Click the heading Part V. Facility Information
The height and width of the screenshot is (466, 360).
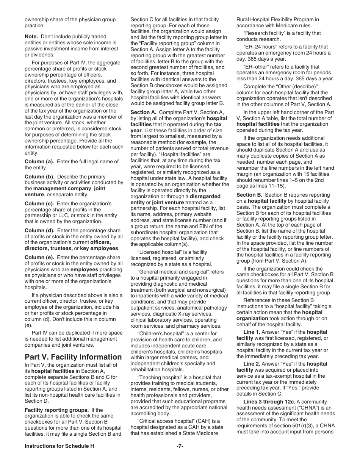tap(73, 357)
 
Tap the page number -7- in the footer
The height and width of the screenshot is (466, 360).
tap(180, 446)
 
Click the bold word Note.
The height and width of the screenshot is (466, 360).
tap(31, 36)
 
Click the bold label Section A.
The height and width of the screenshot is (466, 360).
tap(143, 112)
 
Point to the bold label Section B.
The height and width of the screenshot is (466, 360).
tap(249, 195)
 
